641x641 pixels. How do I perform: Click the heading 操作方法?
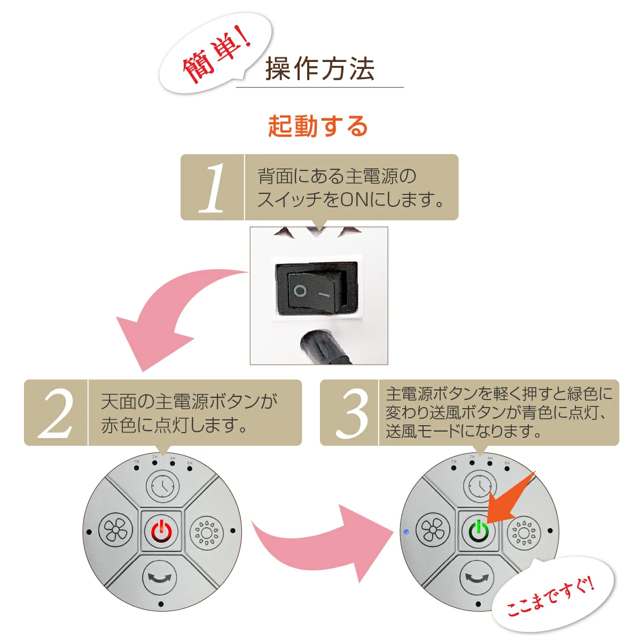[x=319, y=68]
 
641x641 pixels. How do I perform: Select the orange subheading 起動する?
[x=318, y=127]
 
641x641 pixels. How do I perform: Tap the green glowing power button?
[x=479, y=531]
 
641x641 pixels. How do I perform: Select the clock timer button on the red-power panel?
[x=161, y=487]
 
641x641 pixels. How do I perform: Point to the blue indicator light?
[x=406, y=532]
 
